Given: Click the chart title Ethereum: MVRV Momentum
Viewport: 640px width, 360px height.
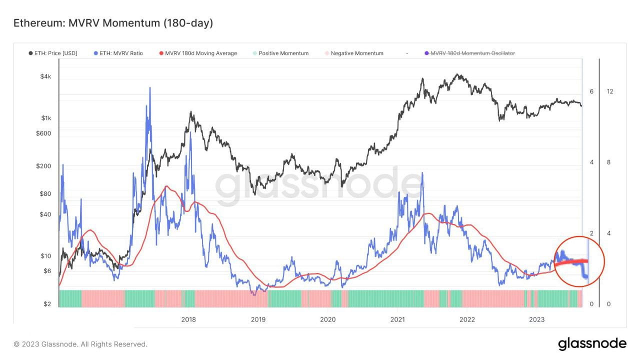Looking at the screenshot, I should (x=113, y=23).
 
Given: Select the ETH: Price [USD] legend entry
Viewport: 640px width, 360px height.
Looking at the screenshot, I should (x=52, y=53).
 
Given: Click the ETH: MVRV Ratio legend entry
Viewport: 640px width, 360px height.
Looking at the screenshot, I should (x=118, y=53).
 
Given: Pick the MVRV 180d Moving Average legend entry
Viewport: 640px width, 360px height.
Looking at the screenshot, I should (x=197, y=53).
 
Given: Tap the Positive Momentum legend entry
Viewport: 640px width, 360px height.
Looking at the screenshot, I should (x=280, y=53).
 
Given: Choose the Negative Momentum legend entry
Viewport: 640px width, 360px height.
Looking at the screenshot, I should (x=353, y=53).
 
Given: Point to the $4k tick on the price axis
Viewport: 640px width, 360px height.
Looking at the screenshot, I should (x=45, y=76).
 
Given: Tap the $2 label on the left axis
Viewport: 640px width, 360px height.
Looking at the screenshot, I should (x=47, y=304).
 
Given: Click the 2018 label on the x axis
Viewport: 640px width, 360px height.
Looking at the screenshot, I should (x=188, y=319).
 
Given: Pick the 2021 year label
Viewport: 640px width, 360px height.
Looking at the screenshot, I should (x=397, y=319).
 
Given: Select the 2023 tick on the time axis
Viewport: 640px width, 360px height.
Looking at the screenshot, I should (x=536, y=319).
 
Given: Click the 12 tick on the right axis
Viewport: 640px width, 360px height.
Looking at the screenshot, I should (x=610, y=91).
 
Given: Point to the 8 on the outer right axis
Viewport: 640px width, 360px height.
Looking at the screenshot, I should (x=609, y=162).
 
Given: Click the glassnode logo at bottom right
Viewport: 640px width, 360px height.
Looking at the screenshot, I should (x=592, y=344).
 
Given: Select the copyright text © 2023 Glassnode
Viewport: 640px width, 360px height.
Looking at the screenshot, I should (x=80, y=344).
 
